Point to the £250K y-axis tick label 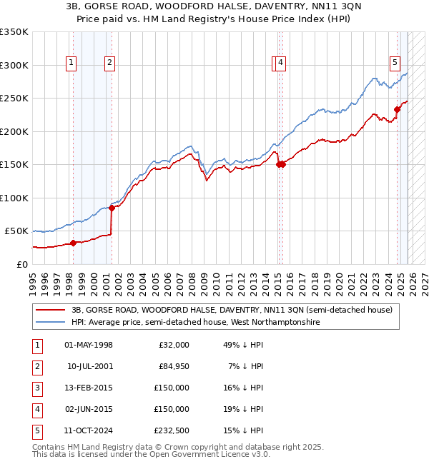tap(14, 99)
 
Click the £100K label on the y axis tap(14, 198)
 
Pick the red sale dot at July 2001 tap(112, 208)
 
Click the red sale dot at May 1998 tap(73, 243)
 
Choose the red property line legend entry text tap(231, 311)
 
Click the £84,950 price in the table tap(174, 365)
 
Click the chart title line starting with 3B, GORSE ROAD tap(214, 6)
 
